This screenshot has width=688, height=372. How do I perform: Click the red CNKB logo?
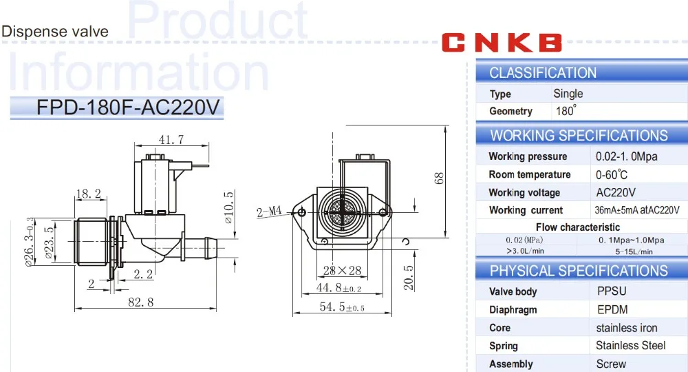[502, 43]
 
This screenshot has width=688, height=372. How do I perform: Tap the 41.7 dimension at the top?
[171, 140]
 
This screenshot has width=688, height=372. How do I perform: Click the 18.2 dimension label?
[87, 194]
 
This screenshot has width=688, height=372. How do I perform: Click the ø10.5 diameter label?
[230, 208]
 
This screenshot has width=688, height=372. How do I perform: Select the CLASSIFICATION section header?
[543, 73]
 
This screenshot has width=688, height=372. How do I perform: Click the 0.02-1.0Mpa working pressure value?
[626, 156]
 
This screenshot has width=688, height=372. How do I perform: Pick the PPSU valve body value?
[612, 291]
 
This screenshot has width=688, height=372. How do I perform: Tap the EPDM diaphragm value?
[612, 309]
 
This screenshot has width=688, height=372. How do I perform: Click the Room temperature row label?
[529, 174]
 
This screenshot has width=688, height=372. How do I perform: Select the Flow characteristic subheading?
[577, 227]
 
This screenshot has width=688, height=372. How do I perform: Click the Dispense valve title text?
[54, 32]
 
